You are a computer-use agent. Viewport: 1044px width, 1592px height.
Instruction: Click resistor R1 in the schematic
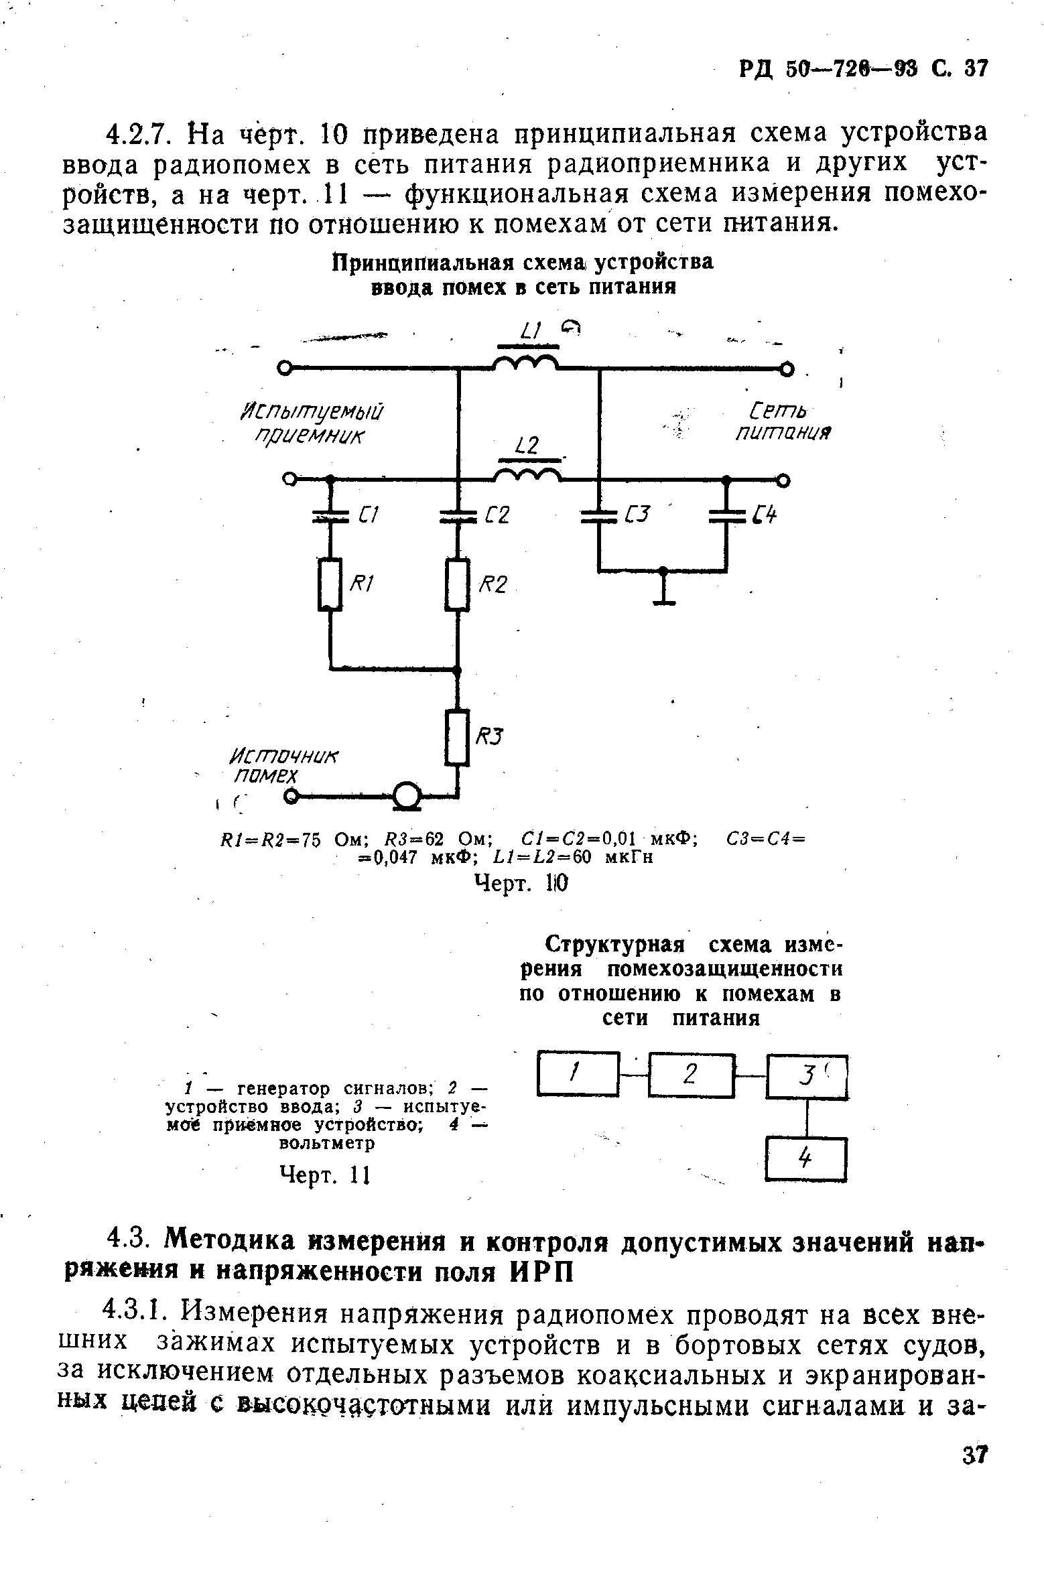pyautogui.click(x=330, y=584)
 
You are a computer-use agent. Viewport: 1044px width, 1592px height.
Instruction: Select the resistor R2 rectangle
pyautogui.click(x=458, y=584)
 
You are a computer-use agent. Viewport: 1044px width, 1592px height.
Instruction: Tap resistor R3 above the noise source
pyautogui.click(x=458, y=738)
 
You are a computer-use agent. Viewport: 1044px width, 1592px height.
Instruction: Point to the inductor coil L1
pyautogui.click(x=526, y=364)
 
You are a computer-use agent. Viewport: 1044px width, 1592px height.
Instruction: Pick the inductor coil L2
pyautogui.click(x=527, y=476)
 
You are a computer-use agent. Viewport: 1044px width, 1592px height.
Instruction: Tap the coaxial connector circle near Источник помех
pyautogui.click(x=405, y=795)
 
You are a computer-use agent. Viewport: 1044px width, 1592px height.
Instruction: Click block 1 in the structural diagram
pyautogui.click(x=577, y=1075)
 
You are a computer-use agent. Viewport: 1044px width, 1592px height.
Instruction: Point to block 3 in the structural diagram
pyautogui.click(x=807, y=1077)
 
